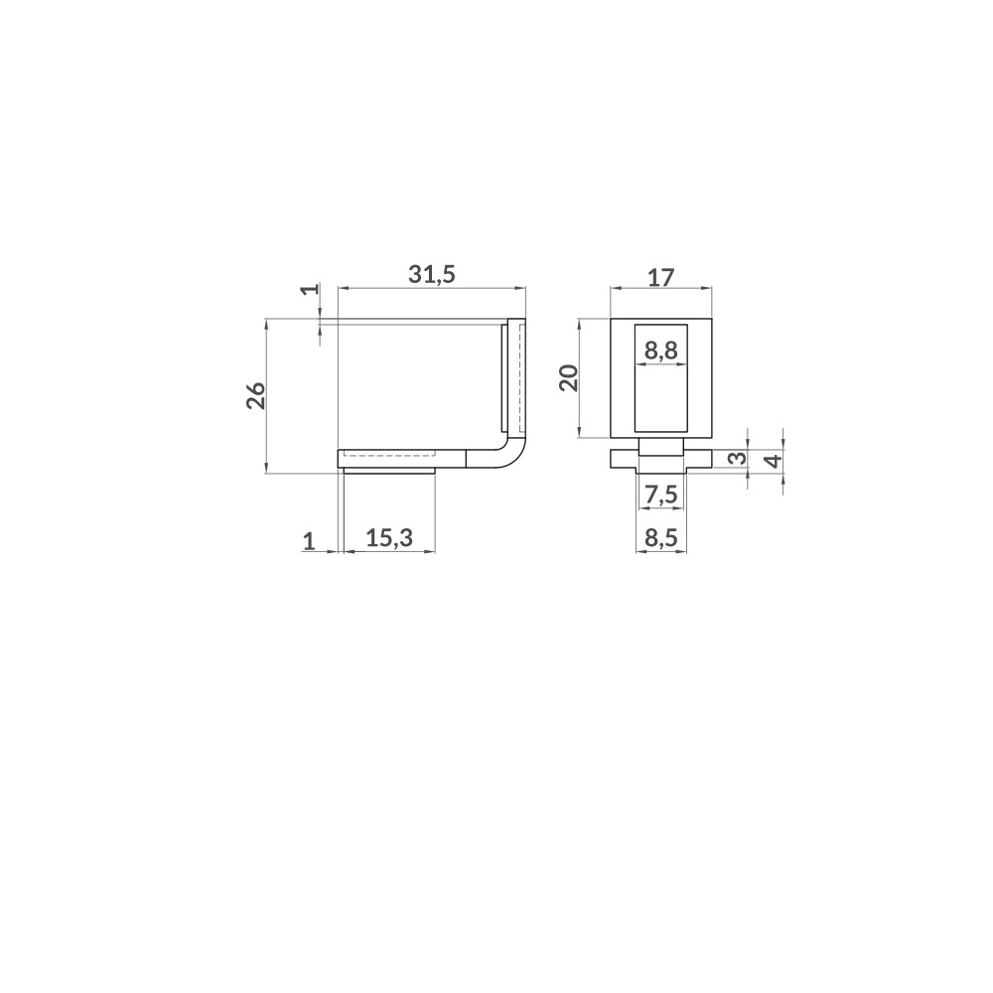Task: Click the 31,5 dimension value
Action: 432,275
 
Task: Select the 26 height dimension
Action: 255,395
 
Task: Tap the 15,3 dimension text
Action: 389,539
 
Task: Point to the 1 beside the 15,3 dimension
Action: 309,540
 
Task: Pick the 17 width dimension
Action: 660,277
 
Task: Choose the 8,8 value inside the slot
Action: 660,351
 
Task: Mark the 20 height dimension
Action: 568,377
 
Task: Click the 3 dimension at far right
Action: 736,459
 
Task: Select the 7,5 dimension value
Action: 660,495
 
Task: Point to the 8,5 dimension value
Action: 660,539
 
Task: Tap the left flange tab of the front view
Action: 623,458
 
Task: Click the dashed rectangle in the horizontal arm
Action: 389,457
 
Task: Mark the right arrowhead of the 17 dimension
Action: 708,289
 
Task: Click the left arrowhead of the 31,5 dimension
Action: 344,289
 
